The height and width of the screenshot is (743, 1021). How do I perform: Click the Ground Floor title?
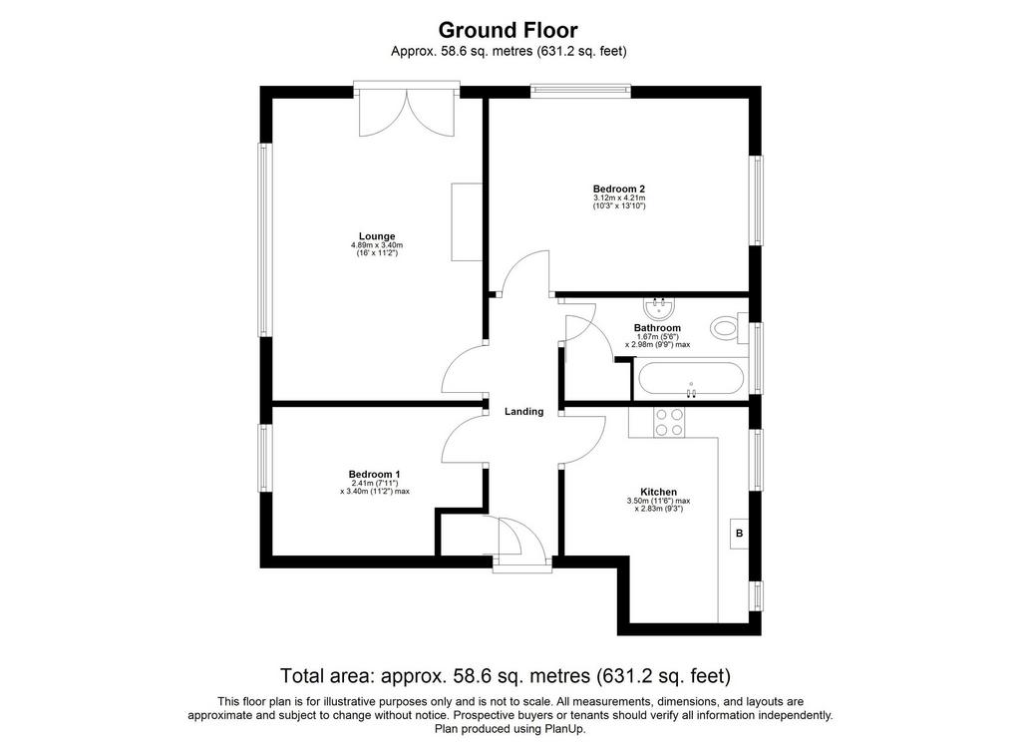(508, 30)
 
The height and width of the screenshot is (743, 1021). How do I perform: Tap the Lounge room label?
(377, 236)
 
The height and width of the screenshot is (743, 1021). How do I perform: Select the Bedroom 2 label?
(618, 188)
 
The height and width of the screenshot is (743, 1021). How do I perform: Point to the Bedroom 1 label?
(375, 474)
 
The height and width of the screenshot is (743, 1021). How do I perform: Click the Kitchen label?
(658, 492)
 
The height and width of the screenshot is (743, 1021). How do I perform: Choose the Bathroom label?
(657, 327)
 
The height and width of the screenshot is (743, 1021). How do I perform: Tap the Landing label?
(524, 412)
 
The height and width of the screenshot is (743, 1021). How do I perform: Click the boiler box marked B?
(739, 534)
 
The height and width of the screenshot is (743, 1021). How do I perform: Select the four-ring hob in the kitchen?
(669, 422)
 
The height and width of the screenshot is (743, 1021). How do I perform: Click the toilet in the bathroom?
(729, 327)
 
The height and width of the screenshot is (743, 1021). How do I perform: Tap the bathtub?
(690, 378)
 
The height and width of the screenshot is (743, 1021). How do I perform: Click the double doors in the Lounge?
(407, 112)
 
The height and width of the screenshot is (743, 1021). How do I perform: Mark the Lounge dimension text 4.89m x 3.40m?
(377, 245)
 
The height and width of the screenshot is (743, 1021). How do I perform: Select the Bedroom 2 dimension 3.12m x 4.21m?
(618, 197)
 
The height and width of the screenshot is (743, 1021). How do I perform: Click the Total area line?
(506, 676)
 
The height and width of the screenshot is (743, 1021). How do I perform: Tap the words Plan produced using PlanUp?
(510, 729)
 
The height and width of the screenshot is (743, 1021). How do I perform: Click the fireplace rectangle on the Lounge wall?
(467, 222)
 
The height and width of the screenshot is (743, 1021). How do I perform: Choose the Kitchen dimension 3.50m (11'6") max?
(658, 501)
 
